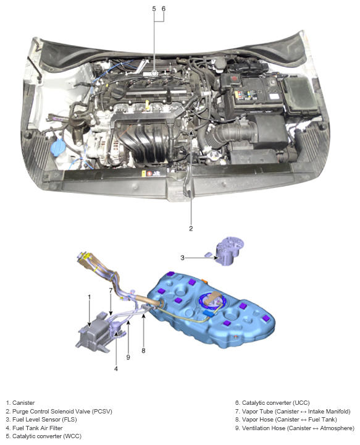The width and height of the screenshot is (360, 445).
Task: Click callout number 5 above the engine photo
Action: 154,9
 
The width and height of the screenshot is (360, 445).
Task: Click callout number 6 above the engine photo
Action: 164,9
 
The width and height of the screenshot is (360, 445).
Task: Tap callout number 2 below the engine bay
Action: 191,229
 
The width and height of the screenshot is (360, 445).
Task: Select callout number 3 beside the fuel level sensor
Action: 183,258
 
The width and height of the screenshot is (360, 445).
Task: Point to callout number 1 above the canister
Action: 90,297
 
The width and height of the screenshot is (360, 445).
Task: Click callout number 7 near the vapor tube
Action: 111,290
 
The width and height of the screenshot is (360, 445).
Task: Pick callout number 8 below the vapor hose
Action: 143,351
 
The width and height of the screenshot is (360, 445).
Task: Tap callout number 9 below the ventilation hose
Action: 128,357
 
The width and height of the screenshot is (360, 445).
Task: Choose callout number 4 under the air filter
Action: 116,368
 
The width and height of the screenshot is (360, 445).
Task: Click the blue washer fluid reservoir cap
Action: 58,147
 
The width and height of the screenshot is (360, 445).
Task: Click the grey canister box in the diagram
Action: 93,334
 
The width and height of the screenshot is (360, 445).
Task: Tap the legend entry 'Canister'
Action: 20,403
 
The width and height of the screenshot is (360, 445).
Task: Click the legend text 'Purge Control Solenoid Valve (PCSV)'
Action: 59,411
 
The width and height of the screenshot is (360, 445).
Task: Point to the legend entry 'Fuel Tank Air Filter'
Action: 35,428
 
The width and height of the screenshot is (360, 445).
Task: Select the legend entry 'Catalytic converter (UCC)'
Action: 272,403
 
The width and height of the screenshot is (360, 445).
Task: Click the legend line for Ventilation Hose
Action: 295,428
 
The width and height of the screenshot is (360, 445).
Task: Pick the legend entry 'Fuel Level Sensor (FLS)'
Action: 41,419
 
